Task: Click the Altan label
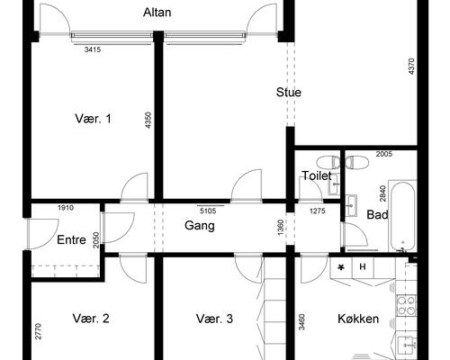[157, 13]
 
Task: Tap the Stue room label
[289, 92]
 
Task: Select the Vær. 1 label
[93, 119]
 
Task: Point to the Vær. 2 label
[91, 319]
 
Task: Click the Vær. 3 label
[214, 319]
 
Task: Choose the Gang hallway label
[200, 226]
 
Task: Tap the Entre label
[71, 240]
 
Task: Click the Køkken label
[358, 319]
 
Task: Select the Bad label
[377, 215]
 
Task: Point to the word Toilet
[317, 175]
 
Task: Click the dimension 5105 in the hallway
[208, 211]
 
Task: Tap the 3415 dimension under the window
[93, 49]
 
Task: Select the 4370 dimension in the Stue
[411, 67]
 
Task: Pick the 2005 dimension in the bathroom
[384, 154]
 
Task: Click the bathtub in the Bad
[402, 216]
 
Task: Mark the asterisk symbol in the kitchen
[341, 267]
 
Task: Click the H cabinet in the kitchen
[363, 266]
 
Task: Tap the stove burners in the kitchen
[407, 305]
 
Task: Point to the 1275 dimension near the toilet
[318, 211]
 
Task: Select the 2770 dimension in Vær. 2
[38, 331]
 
